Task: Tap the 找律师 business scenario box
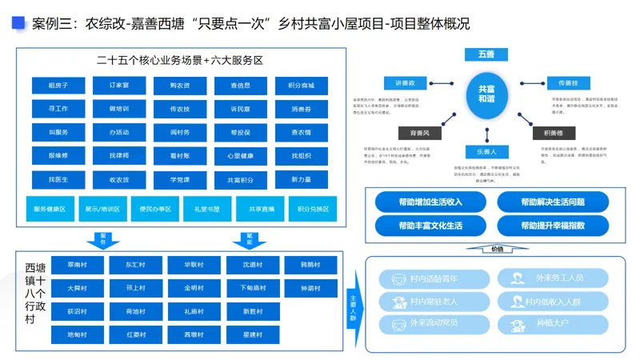pyautogui.click(x=119, y=155)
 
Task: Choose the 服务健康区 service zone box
pyautogui.click(x=50, y=209)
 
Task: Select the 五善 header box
pyautogui.click(x=486, y=54)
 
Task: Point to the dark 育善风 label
pyautogui.click(x=419, y=133)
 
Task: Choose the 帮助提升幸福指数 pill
pyautogui.click(x=552, y=226)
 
